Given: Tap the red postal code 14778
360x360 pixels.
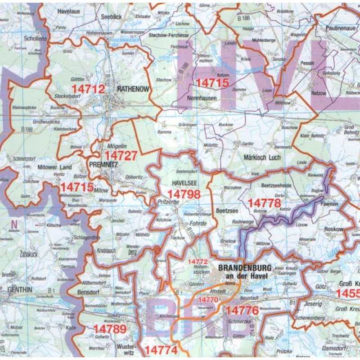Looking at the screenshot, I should point(264,203).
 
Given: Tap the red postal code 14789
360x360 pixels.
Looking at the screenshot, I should point(110,328).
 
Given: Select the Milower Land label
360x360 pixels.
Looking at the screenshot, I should point(55,167).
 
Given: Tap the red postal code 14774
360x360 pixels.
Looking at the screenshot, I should point(161,349).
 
